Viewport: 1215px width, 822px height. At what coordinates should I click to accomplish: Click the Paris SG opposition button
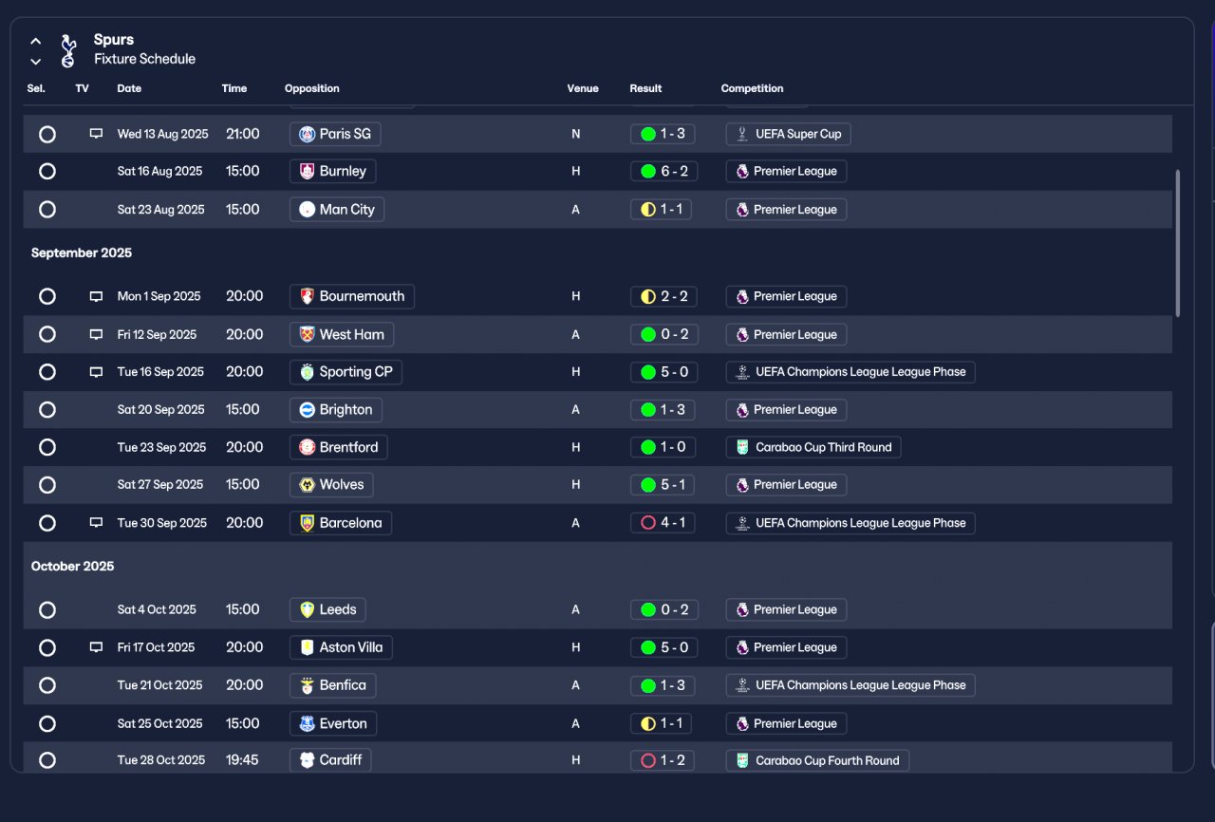pos(335,134)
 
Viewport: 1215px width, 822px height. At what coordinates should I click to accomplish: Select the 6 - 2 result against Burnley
pos(663,172)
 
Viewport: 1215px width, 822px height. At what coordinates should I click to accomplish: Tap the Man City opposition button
pos(337,210)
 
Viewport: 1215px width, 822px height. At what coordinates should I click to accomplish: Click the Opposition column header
pos(311,88)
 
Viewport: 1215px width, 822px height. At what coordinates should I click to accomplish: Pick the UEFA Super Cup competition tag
pos(788,134)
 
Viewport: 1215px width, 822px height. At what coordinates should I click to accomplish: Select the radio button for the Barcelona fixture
pos(47,523)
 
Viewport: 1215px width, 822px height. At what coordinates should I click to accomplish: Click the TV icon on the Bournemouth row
pos(96,296)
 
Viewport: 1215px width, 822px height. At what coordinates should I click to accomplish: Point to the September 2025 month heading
pos(82,253)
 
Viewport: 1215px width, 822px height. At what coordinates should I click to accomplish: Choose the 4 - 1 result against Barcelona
pos(663,523)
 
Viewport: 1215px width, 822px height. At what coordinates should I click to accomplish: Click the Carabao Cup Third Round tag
pos(813,447)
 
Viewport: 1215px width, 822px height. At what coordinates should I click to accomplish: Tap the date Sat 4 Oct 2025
pos(157,609)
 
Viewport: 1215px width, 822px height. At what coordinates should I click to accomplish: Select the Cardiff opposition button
pos(330,760)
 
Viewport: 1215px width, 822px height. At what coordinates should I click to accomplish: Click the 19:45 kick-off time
pos(243,760)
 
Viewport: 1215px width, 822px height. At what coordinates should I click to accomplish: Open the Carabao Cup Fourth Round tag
pos(817,760)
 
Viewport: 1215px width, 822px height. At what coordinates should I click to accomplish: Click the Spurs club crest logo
pos(67,50)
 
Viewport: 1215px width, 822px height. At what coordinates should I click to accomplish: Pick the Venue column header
pos(583,88)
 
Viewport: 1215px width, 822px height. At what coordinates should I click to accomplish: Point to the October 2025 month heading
pos(73,567)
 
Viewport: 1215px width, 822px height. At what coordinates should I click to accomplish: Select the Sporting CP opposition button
pos(346,372)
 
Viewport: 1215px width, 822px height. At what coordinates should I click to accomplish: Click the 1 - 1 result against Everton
pos(661,723)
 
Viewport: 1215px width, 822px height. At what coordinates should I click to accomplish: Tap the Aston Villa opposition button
pos(341,647)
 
